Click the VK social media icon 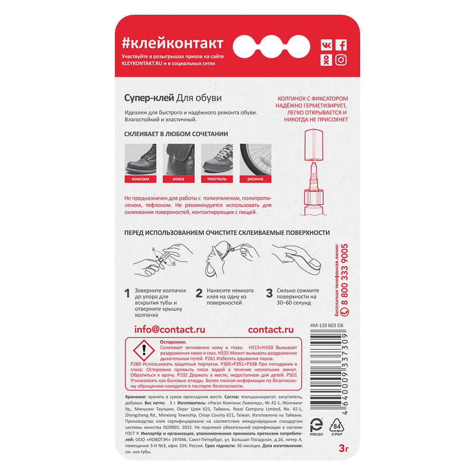pos(326,45)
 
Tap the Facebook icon pos(341,45)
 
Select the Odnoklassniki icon pos(326,60)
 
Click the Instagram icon pos(341,60)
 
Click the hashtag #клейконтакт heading pos(173,43)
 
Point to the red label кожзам pos(140,179)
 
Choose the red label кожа pos(179,179)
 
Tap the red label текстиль pos(217,179)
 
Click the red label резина pos(256,179)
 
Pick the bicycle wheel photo pos(256,160)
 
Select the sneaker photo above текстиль pos(217,160)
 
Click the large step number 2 pos(199,293)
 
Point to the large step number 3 pos(269,293)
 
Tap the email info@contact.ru pos(170,330)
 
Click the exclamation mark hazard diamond pos(144,350)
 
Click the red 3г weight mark pos(344,448)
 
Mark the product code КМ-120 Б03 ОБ pos(327,325)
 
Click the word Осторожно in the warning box pos(173,342)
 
